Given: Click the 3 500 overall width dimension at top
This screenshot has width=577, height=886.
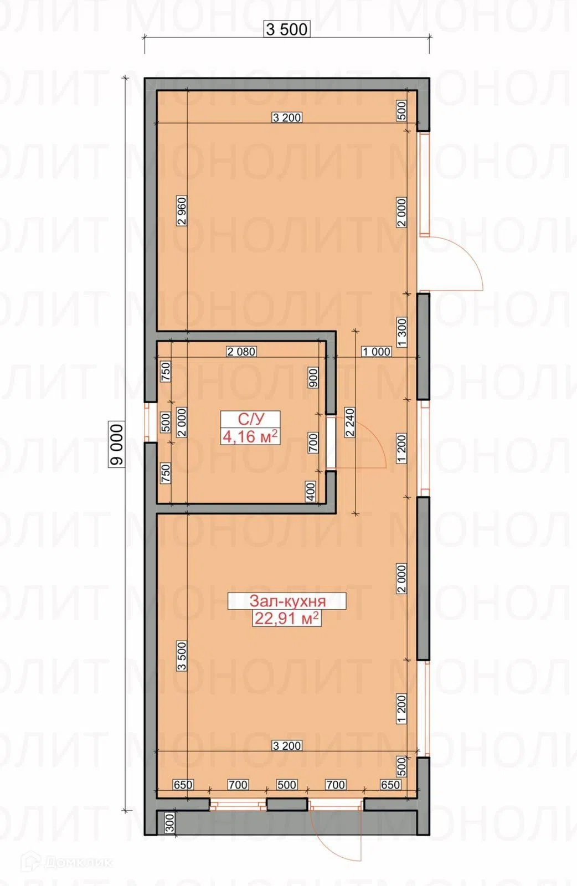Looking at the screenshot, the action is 287,29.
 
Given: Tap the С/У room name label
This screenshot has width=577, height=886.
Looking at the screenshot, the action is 251,419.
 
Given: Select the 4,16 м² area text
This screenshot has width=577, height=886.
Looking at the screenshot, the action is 250,437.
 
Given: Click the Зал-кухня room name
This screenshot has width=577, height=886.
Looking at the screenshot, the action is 287,601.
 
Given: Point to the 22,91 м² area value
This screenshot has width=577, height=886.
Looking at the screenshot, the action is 286,618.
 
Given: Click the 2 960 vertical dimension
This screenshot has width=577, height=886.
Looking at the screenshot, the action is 182,210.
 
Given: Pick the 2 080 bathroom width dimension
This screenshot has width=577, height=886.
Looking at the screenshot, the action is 241,351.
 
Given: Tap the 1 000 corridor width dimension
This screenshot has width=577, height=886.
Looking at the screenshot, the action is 376,351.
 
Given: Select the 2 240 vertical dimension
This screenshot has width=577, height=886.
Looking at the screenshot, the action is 350,422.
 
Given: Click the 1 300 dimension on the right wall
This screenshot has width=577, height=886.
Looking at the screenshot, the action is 402,332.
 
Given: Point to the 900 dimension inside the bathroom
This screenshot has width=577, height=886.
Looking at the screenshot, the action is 313,378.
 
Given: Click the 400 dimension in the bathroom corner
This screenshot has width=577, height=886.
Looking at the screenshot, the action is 311,492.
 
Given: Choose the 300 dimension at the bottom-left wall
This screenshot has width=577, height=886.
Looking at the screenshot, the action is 169,823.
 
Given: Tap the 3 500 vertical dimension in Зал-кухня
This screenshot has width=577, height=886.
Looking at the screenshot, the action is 182,656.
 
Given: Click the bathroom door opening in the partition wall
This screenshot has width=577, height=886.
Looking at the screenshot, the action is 331,442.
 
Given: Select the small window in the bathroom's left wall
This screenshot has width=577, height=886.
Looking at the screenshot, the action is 150,422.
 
